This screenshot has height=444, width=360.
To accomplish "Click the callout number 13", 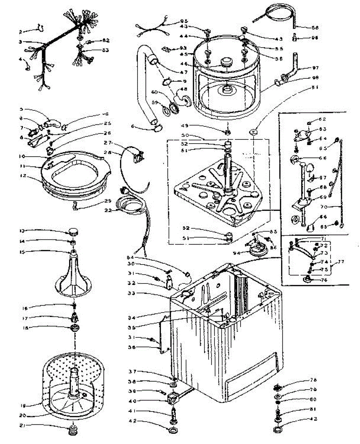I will (22, 231).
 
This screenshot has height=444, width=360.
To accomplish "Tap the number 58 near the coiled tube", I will (315, 27).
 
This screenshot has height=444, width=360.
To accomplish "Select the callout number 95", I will (184, 21).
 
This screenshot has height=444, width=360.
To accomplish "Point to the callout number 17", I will (22, 318).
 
